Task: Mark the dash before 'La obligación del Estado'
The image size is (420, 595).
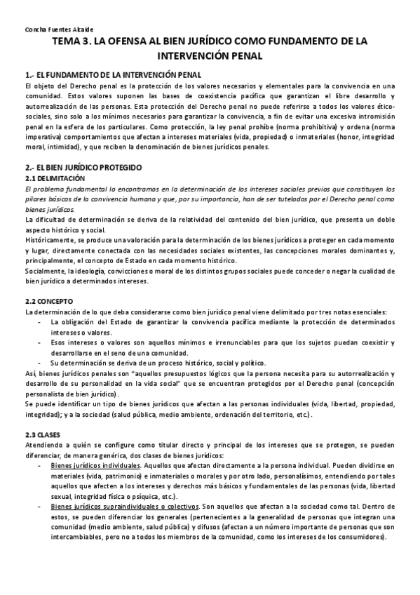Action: pyautogui.click(x=39, y=321)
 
